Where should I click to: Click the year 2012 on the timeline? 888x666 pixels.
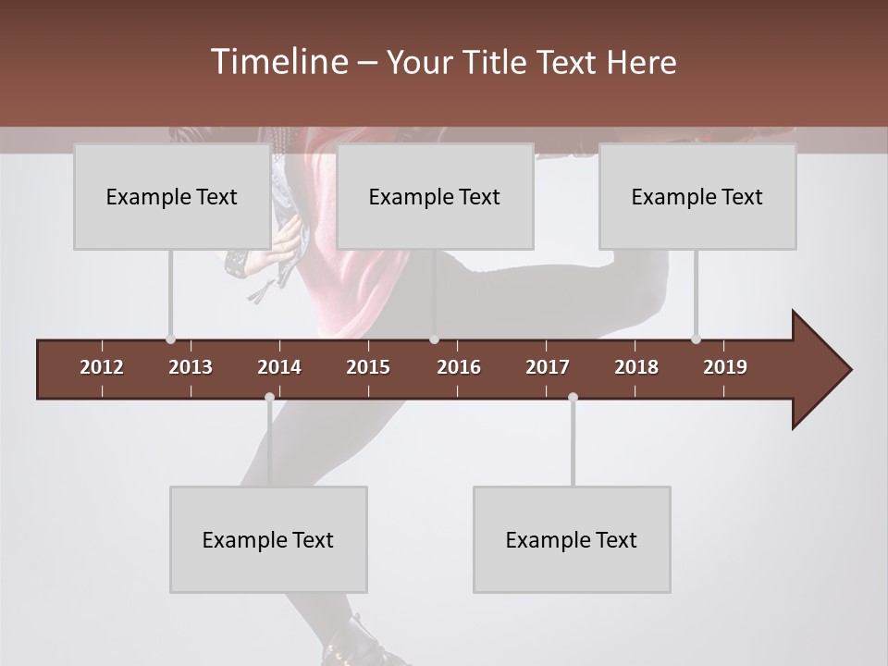click(102, 367)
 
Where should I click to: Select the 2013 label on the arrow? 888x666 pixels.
click(191, 367)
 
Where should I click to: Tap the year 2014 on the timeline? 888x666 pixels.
click(279, 367)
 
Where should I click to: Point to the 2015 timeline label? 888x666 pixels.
click(368, 367)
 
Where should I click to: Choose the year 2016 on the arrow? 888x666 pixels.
click(459, 367)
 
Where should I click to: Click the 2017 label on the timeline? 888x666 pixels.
click(548, 367)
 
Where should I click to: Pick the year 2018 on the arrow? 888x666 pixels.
click(636, 367)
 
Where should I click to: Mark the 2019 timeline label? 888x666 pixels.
click(725, 367)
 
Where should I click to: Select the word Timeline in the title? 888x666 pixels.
click(277, 62)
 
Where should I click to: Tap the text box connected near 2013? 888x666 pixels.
click(171, 196)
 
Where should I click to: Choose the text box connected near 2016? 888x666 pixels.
click(434, 196)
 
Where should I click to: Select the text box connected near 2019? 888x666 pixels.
click(697, 196)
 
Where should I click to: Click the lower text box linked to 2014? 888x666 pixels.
click(267, 539)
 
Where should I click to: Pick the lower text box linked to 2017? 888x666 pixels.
click(571, 539)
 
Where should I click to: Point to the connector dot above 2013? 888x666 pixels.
click(170, 339)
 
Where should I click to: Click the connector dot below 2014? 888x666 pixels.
click(269, 398)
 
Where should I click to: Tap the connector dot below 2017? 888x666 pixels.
click(573, 398)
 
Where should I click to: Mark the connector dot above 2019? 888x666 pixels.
click(696, 339)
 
